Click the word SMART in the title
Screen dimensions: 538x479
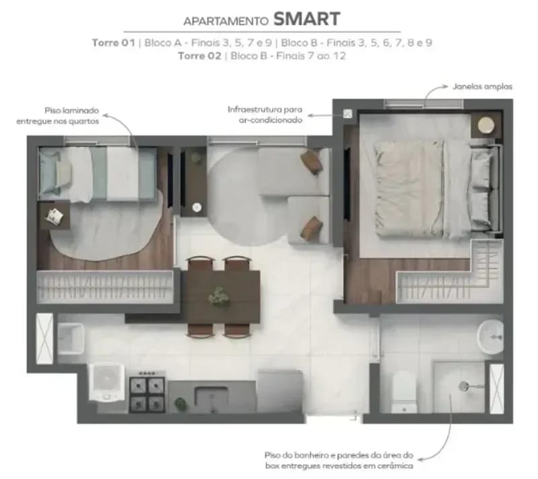pos(307,19)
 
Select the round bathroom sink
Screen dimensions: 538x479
pos(491,337)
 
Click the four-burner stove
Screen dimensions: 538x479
pos(147,392)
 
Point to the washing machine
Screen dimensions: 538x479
pos(107,382)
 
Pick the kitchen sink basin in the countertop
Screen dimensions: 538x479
pos(211,396)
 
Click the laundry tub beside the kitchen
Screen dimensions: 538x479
pos(71,338)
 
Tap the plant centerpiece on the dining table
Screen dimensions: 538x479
pos(219,296)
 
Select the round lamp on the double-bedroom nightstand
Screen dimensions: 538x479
pos(486,125)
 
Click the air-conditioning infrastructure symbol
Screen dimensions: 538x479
pos(348,113)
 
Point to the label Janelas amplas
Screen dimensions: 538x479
pos(482,86)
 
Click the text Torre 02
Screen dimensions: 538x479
pos(199,56)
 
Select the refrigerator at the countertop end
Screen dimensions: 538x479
pos(280,391)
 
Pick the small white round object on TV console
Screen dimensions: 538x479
pos(196,207)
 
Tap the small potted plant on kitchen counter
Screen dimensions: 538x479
pos(181,404)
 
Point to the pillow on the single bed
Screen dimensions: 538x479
pos(64,174)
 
